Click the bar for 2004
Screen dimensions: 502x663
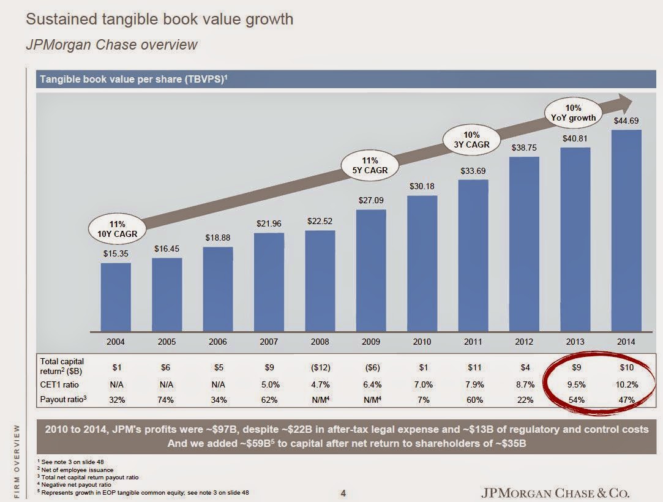(x=116, y=296)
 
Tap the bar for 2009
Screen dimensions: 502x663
(x=371, y=269)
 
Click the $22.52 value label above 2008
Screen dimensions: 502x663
(x=320, y=221)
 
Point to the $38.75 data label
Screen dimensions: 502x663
(x=524, y=148)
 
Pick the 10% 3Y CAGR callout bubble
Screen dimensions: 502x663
(x=472, y=140)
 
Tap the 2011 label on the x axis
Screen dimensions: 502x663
(x=473, y=342)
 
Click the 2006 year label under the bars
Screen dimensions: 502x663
(x=218, y=342)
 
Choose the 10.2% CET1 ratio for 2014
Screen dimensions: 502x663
(x=626, y=385)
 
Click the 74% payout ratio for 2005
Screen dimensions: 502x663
(x=167, y=400)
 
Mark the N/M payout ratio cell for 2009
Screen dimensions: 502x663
(x=371, y=400)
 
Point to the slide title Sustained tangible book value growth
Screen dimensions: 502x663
(x=159, y=19)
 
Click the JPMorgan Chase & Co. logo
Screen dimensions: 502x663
(x=556, y=493)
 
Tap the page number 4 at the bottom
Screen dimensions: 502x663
(x=343, y=493)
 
